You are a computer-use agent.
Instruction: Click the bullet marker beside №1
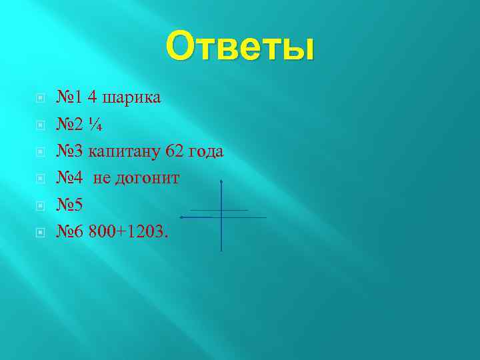point(40,98)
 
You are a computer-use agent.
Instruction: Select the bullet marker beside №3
point(40,152)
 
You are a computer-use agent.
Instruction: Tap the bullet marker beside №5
point(40,206)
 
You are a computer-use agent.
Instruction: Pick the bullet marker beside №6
point(40,233)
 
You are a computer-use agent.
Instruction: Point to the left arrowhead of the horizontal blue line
point(182,217)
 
